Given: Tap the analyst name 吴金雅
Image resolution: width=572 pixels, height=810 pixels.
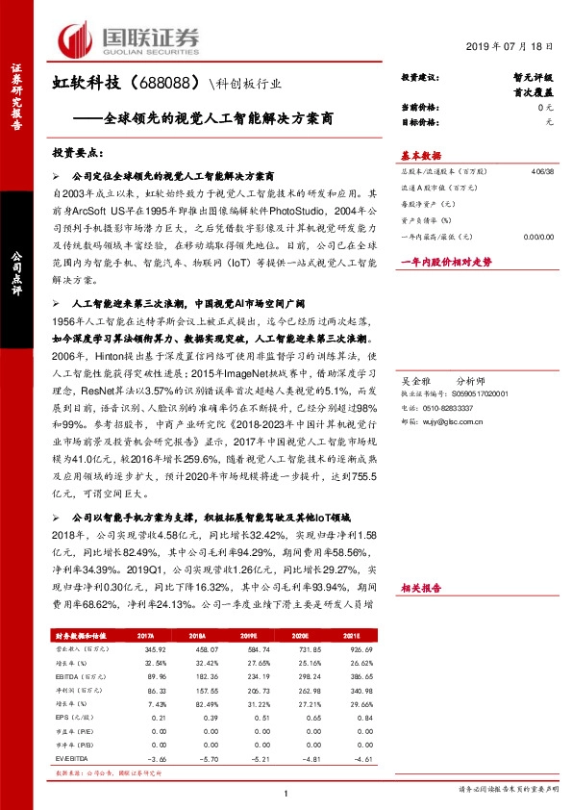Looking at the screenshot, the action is pos(414,380).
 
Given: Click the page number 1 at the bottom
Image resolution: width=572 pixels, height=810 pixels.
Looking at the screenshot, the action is pos(287,792).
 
